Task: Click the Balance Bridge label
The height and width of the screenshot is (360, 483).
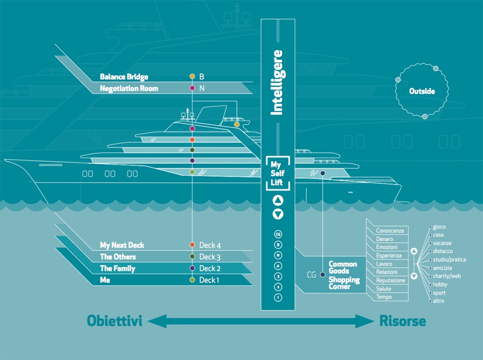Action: tap(124, 77)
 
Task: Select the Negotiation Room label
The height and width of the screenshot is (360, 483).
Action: tap(128, 88)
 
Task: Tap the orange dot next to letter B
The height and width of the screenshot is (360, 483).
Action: tap(192, 76)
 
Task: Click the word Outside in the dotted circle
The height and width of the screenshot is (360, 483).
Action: tap(422, 91)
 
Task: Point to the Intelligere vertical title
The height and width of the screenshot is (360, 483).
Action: tap(277, 82)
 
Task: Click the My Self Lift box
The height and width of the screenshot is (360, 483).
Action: tap(277, 173)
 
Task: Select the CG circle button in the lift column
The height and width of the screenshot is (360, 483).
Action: tap(278, 234)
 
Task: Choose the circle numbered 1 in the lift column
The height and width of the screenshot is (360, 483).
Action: tap(278, 297)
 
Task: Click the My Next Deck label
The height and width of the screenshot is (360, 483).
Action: tap(122, 245)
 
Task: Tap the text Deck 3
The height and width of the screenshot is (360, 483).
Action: tap(210, 257)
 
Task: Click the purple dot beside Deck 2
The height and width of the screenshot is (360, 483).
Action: tap(192, 268)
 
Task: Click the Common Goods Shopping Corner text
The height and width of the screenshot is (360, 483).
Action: tap(343, 275)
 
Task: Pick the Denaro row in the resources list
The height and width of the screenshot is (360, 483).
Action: tap(385, 239)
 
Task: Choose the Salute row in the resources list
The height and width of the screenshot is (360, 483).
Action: tap(384, 289)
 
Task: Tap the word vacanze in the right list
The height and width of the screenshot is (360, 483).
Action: tap(442, 243)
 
